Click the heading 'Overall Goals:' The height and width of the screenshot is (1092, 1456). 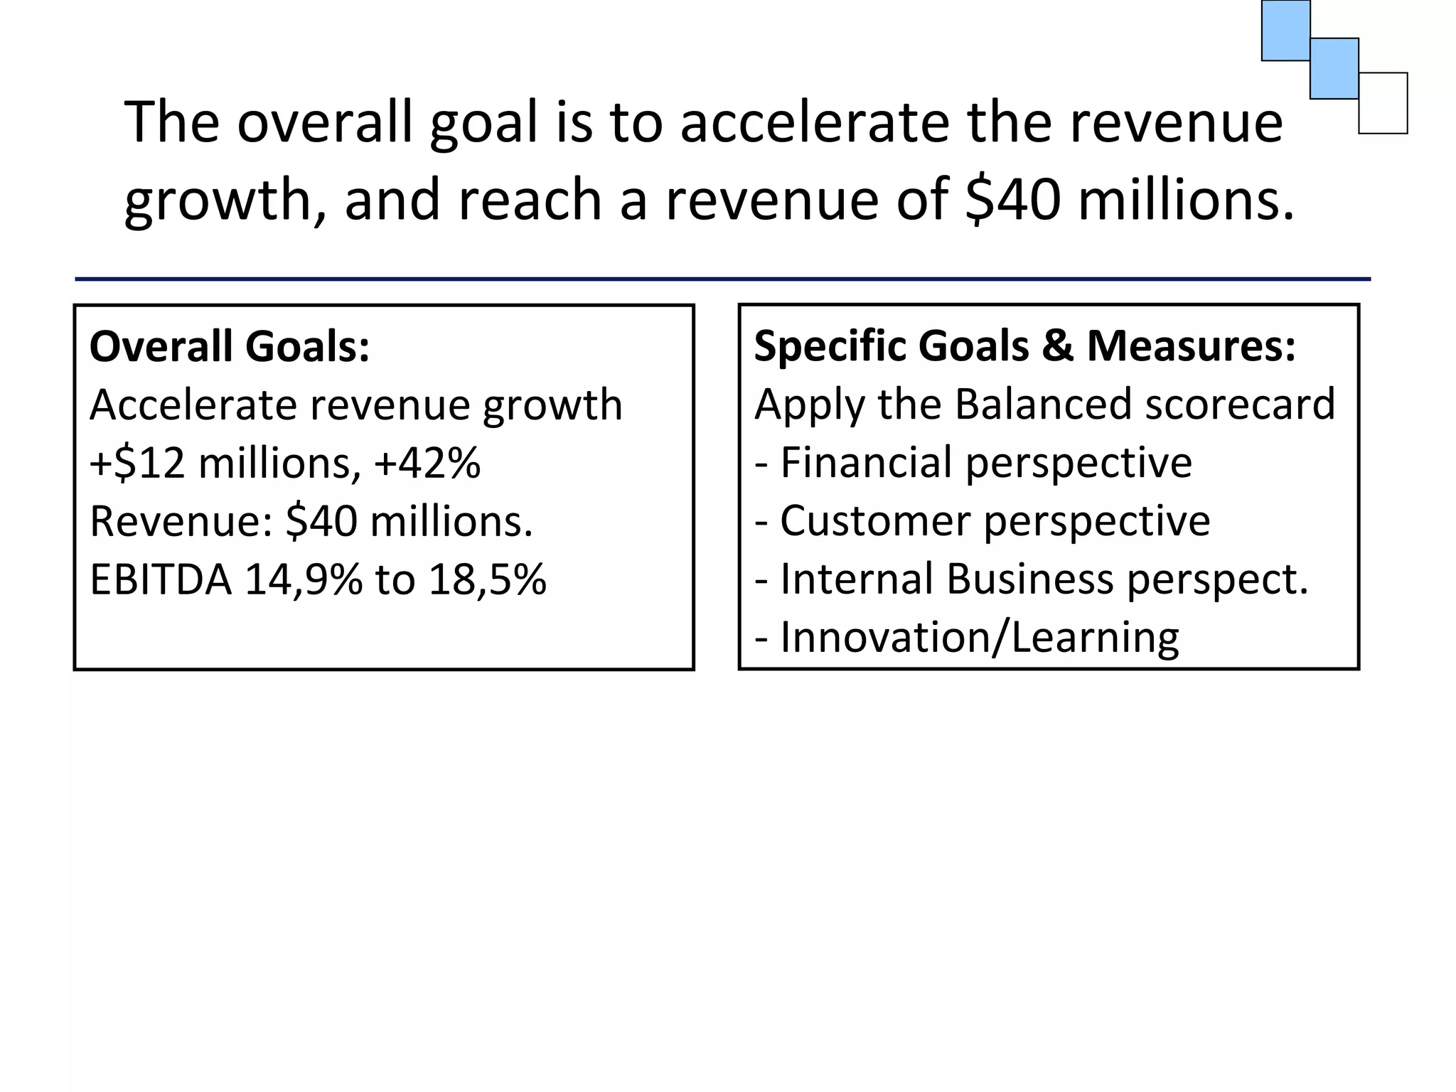click(x=230, y=347)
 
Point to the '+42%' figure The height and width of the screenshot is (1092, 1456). click(x=427, y=464)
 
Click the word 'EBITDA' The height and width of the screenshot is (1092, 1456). click(x=161, y=579)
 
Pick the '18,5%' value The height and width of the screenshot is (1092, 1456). click(x=487, y=579)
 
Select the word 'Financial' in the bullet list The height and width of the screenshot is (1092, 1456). click(x=866, y=463)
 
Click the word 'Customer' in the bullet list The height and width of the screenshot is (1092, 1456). click(x=874, y=521)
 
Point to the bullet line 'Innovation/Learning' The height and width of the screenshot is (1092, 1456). click(x=979, y=638)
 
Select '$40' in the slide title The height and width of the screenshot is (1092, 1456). click(x=1015, y=200)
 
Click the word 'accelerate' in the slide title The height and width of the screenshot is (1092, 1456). click(x=814, y=122)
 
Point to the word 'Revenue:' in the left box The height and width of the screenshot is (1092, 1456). click(x=182, y=522)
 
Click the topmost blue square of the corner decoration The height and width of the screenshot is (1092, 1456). click(x=1285, y=30)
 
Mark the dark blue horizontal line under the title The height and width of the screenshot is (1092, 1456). click(x=722, y=279)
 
